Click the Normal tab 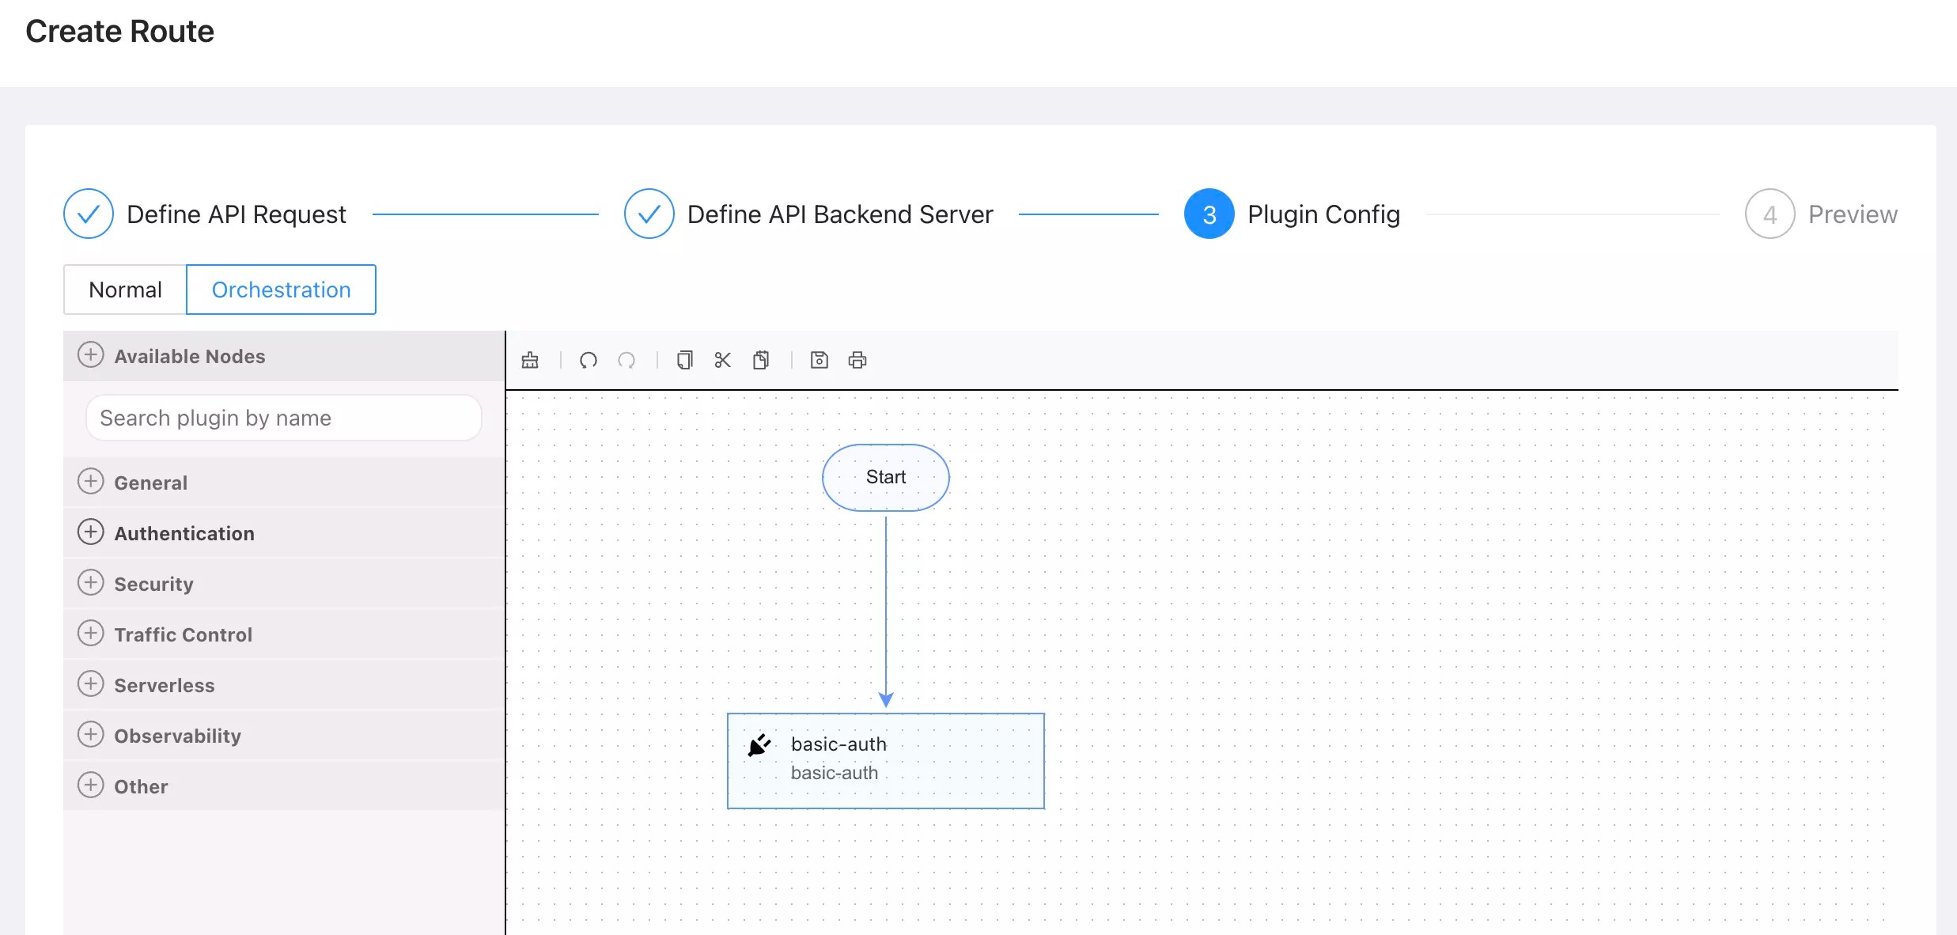[x=125, y=290]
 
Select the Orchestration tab [x=281, y=290]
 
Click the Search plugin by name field [x=283, y=418]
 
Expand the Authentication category [x=184, y=533]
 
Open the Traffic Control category [x=183, y=634]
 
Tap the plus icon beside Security [x=90, y=583]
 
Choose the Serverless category [x=164, y=685]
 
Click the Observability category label [x=177, y=736]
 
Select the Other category [x=141, y=786]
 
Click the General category [x=150, y=483]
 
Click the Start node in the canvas [x=885, y=477]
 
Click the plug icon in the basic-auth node [x=759, y=745]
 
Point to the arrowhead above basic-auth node [x=886, y=700]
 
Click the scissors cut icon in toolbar [x=722, y=361]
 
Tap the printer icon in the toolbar [x=857, y=361]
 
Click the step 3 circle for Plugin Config [x=1209, y=214]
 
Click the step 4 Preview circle [x=1770, y=214]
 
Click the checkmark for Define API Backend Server [x=649, y=214]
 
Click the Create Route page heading [x=119, y=32]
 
